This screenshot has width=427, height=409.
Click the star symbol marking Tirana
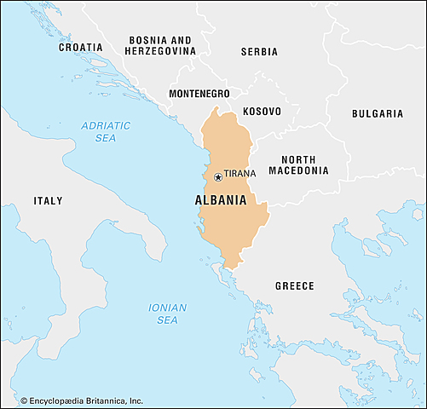click(x=218, y=177)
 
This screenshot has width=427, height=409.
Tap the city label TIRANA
click(x=240, y=174)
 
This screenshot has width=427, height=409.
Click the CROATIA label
click(x=81, y=47)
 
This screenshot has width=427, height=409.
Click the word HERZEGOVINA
click(x=161, y=51)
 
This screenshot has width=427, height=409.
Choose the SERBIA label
click(x=259, y=51)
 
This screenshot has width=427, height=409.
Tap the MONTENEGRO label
click(x=200, y=93)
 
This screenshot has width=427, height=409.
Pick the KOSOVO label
click(x=262, y=112)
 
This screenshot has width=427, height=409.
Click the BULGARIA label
click(x=377, y=112)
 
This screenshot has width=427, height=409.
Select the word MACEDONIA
click(x=298, y=170)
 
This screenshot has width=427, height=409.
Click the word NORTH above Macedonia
click(x=298, y=159)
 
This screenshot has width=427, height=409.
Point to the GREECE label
click(x=294, y=285)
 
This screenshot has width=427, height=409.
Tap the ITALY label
click(x=48, y=201)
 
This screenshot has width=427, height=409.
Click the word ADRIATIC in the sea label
click(x=106, y=125)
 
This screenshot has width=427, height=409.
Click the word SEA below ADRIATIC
click(x=106, y=138)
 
